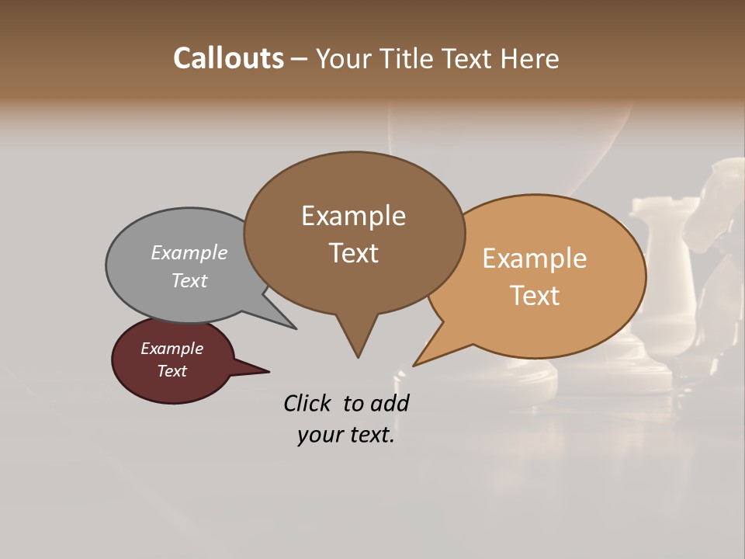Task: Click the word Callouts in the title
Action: [x=228, y=58]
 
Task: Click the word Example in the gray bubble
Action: [x=189, y=252]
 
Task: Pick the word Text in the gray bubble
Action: [x=189, y=280]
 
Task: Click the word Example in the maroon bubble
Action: [x=172, y=349]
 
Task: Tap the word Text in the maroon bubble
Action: [x=172, y=371]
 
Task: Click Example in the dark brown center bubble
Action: [x=353, y=216]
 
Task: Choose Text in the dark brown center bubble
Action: [x=353, y=253]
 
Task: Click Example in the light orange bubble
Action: [x=535, y=259]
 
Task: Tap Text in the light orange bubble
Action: [x=535, y=296]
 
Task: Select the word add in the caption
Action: [x=390, y=403]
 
